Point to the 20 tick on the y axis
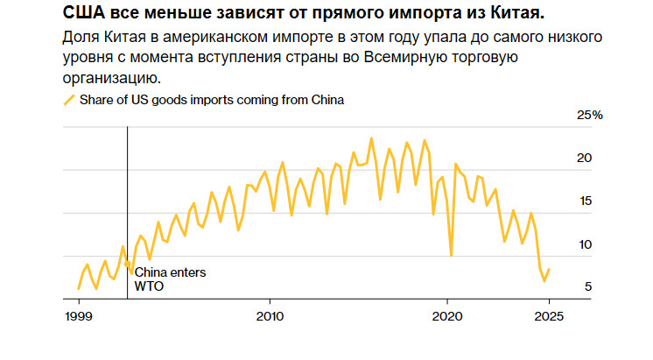(x=586, y=159)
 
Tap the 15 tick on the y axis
(x=586, y=201)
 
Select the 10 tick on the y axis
(x=586, y=244)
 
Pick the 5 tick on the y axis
(x=589, y=286)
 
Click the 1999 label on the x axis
(x=78, y=315)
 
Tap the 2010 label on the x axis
(x=270, y=315)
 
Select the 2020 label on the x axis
(x=447, y=315)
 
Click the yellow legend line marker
(x=69, y=100)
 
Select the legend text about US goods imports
(x=211, y=100)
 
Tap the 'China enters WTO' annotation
(x=170, y=279)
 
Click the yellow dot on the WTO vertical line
(x=128, y=264)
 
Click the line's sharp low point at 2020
(x=452, y=255)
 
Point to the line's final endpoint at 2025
(x=549, y=270)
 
